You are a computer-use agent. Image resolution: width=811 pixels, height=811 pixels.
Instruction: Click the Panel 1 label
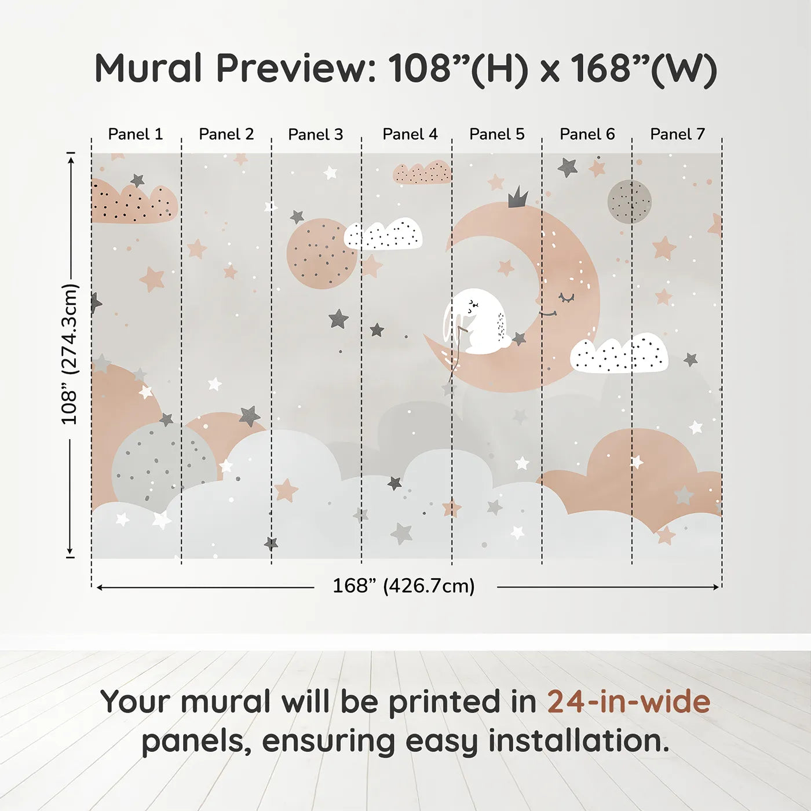[136, 134]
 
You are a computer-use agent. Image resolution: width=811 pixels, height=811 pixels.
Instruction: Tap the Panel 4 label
[410, 134]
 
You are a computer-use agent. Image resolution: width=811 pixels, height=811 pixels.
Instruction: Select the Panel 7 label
[677, 134]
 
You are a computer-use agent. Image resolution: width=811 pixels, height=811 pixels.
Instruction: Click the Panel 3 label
[316, 134]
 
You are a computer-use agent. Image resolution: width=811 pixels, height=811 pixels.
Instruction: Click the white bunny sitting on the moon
[478, 322]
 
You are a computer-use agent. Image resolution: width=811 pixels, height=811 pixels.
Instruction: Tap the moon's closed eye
[566, 298]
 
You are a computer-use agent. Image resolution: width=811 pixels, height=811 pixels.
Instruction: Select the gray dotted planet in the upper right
[630, 202]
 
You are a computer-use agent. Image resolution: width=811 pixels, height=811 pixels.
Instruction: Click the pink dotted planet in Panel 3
[322, 253]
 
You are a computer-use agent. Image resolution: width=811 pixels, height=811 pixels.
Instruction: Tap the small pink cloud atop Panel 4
[422, 173]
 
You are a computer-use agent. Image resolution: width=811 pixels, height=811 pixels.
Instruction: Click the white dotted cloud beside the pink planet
[383, 234]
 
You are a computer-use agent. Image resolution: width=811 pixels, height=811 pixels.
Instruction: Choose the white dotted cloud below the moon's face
[619, 353]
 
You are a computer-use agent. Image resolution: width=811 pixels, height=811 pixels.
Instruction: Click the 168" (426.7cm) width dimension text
[404, 586]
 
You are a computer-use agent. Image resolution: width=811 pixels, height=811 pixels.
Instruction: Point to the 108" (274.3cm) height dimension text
[70, 354]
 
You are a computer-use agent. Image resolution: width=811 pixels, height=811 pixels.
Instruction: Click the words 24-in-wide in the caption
[629, 702]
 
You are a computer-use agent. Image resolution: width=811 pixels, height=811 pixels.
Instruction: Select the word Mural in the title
[148, 68]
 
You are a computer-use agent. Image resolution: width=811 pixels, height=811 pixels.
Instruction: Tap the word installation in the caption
[578, 741]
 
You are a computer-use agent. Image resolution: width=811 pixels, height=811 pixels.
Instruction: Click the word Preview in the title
[296, 68]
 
